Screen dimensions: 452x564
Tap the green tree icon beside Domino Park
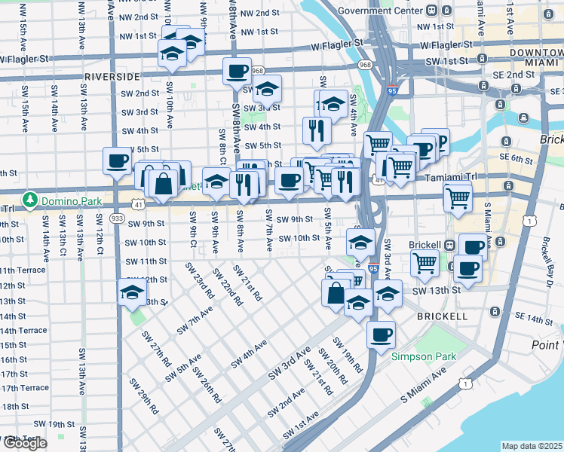coord(31,200)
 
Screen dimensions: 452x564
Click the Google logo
coord(25,443)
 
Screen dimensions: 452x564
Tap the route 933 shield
coord(117,218)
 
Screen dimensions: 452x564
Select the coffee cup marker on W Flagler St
coord(237,72)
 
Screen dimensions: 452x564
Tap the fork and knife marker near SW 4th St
coord(316,130)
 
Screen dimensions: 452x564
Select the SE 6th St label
coord(515,158)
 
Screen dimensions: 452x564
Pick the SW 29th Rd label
coord(143,397)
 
